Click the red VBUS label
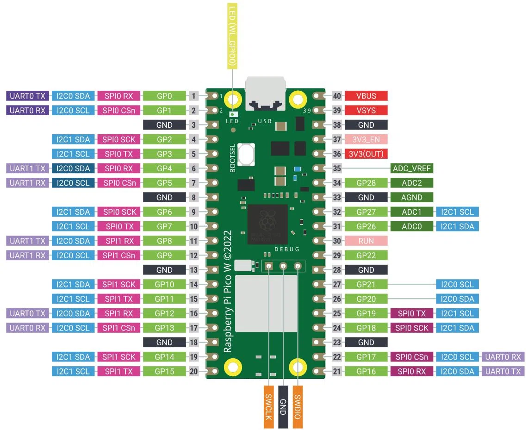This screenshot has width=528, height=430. [366, 96]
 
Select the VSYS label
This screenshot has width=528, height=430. [366, 111]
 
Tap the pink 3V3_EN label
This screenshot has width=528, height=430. [366, 139]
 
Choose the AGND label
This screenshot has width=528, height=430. [412, 197]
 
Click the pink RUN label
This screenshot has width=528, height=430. [366, 241]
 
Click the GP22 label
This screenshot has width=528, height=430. [366, 255]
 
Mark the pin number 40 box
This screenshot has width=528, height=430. [337, 96]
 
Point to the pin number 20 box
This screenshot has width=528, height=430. [194, 371]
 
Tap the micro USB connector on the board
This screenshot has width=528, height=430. [265, 93]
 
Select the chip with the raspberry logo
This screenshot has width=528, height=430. [267, 224]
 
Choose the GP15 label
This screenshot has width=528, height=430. [164, 371]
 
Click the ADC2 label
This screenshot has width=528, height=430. [412, 183]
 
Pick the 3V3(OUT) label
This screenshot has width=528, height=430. [366, 154]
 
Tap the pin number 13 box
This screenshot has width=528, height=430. [194, 270]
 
